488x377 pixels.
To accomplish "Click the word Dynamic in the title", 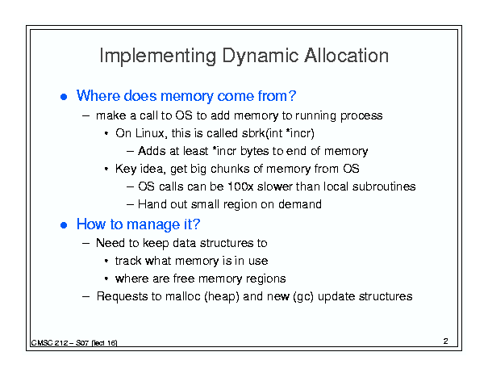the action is [x=261, y=57].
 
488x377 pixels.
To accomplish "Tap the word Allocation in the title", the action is [x=346, y=56].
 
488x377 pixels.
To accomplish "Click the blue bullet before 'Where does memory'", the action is [x=64, y=97].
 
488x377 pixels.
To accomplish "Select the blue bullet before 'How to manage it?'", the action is [x=64, y=225].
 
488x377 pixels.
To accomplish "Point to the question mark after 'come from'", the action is [x=292, y=95].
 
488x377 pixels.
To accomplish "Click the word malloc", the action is [x=182, y=296].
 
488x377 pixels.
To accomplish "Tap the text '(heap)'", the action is [x=222, y=296].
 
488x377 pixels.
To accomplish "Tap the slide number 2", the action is [x=446, y=341].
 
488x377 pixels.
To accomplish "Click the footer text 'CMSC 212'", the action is [x=49, y=343].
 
